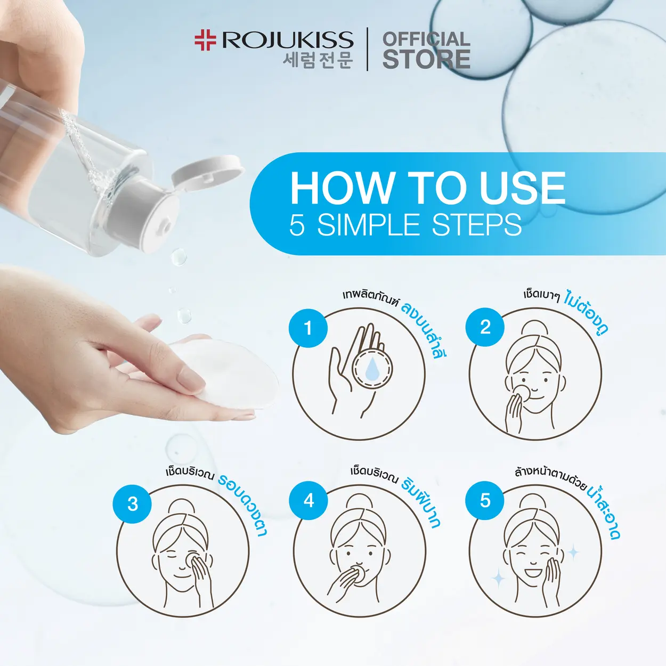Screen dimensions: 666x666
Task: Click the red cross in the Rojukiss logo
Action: (x=205, y=40)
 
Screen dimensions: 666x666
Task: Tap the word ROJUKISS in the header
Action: (x=288, y=40)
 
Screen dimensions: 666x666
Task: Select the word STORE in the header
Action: (x=426, y=59)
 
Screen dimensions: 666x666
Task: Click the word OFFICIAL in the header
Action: (x=426, y=39)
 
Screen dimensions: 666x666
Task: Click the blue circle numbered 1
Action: (x=308, y=328)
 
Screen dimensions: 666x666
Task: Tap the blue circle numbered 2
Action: (x=484, y=327)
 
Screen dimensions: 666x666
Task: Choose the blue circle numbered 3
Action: (x=132, y=504)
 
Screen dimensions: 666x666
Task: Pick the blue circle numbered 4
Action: (x=308, y=500)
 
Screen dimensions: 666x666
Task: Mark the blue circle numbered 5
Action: (x=484, y=500)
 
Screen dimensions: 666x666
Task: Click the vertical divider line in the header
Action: (x=367, y=49)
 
